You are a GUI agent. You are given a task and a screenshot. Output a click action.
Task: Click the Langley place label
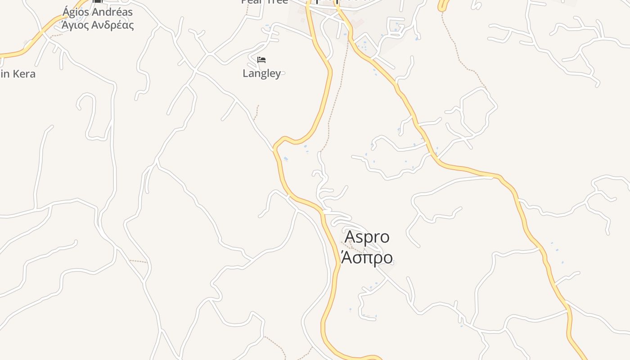[x=261, y=73]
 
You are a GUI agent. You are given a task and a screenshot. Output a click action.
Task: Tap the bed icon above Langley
[x=261, y=59]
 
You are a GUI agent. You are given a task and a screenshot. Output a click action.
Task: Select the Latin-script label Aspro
[x=367, y=237]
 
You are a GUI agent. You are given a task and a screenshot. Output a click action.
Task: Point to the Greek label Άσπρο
[x=367, y=257]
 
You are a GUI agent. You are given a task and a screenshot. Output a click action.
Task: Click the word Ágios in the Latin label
[x=76, y=12]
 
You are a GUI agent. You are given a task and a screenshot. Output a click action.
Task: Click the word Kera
[x=23, y=74]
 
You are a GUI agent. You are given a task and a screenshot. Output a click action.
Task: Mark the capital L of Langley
[x=246, y=73]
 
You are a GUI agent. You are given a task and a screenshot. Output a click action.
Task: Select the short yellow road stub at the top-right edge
[x=443, y=5]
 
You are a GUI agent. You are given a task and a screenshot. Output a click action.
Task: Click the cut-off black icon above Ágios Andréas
[x=97, y=1]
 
